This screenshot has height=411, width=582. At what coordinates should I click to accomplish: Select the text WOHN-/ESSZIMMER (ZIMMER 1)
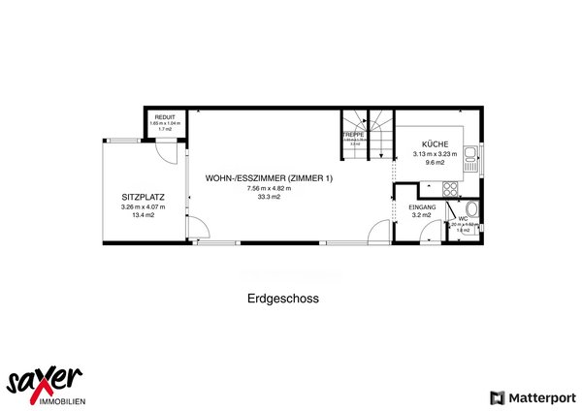(269, 178)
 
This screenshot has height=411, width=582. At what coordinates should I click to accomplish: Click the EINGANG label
(423, 207)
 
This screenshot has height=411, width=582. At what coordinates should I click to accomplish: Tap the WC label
(464, 218)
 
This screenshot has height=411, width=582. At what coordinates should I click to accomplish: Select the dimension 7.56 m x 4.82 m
(269, 189)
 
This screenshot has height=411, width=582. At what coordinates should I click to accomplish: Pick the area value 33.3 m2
(269, 198)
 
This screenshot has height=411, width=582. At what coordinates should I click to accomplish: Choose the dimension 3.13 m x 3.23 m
(434, 153)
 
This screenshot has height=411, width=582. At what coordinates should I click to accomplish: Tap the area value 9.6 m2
(434, 163)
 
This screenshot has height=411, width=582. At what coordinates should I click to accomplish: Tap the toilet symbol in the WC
(470, 210)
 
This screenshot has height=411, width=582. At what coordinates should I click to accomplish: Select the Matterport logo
(534, 397)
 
